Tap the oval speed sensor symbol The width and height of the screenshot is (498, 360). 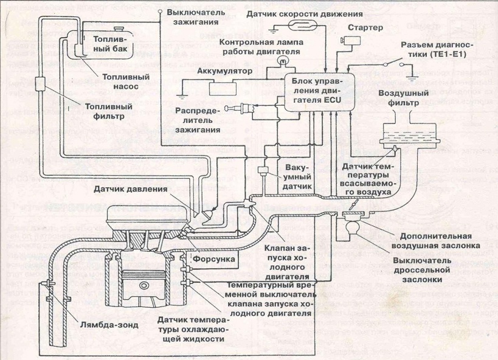(302, 25)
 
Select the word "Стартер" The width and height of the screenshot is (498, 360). (365, 28)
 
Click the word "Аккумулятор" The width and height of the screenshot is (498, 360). (224, 71)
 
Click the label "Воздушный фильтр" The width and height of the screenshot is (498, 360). (398, 99)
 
